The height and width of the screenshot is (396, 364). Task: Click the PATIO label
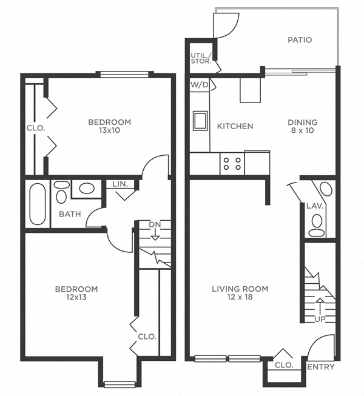[299, 40]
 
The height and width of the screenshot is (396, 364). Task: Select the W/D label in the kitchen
[200, 85]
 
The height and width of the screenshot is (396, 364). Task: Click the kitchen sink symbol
[200, 121]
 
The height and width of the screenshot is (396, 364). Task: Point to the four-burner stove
[232, 163]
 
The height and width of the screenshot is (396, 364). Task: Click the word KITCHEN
[235, 126]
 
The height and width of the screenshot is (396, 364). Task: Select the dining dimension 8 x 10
[302, 130]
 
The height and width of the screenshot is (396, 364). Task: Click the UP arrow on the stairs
[320, 306]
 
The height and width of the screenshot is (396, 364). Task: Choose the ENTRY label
[320, 366]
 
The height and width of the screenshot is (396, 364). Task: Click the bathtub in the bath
[38, 203]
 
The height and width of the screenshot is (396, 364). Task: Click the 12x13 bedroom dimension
[76, 297]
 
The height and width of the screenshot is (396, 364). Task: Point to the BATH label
[70, 213]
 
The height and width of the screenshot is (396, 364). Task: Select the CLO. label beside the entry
[284, 365]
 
